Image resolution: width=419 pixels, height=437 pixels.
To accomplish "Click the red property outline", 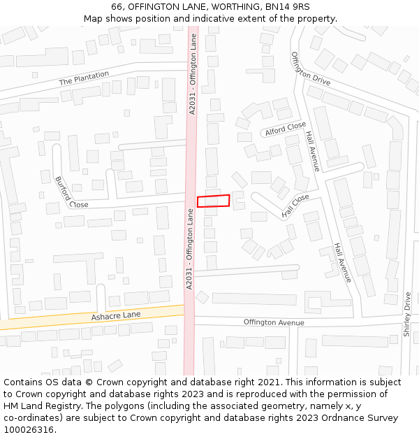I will pyautogui.click(x=213, y=201).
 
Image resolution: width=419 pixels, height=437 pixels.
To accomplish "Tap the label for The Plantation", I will pyautogui.click(x=84, y=78).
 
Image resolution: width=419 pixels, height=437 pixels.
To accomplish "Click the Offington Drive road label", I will pyautogui.click(x=310, y=69).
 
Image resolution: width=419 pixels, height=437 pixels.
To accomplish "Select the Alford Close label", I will pyautogui.click(x=285, y=129).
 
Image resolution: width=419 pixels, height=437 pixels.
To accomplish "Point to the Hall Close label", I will pyautogui.click(x=295, y=206).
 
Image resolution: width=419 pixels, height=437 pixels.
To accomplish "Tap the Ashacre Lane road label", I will pyautogui.click(x=116, y=316).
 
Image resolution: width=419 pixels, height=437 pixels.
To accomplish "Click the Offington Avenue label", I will pyautogui.click(x=274, y=322).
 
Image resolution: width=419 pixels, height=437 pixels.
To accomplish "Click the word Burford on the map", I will pyautogui.click(x=62, y=187).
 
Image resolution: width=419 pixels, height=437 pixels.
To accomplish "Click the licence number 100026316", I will pyautogui.click(x=29, y=430).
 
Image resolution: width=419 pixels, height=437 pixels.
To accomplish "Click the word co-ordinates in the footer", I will pyautogui.click(x=32, y=418).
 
